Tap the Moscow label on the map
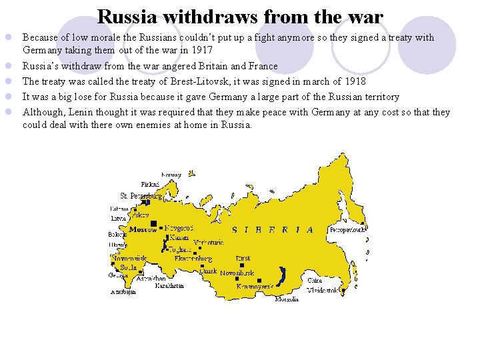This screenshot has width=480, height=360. coord(143,229)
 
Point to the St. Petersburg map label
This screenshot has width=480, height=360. coord(141,196)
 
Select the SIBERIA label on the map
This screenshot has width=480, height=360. coord(273,230)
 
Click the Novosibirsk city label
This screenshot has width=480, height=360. coord(237,273)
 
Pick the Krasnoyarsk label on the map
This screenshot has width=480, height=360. coord(255,286)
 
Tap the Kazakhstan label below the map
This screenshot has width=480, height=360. coord(169,285)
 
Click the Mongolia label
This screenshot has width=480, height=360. coord(287,299)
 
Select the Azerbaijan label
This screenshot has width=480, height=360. coord(123,291)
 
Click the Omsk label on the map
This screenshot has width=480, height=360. coord(209,272)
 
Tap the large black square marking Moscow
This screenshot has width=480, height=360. coord(154,223)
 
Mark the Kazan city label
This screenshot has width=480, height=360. coord(179,237)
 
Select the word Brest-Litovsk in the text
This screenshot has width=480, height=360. coord(195,81)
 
